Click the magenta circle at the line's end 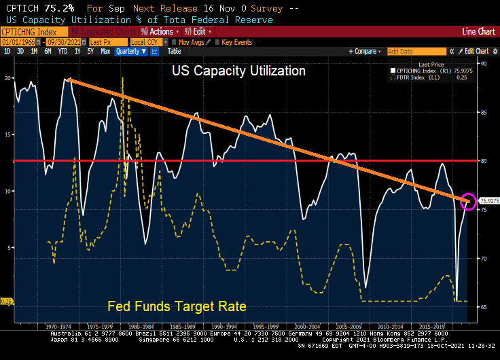click(468, 200)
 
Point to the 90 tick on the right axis click(484, 64)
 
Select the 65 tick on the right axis click(484, 307)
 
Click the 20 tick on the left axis click(7, 78)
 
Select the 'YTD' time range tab click(62, 51)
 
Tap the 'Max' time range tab click(105, 51)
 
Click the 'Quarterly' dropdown click(130, 51)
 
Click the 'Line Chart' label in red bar click(478, 32)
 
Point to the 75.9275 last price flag click(489, 201)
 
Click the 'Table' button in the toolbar click(174, 51)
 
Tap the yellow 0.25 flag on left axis click(7, 301)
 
